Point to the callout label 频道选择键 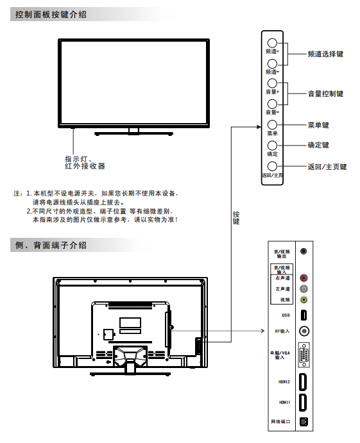point(325,54)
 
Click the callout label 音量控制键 point(325,94)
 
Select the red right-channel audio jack point(304,278)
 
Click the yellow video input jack point(304,299)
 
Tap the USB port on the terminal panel point(304,315)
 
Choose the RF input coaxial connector point(304,331)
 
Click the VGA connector point(304,355)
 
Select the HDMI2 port point(303,382)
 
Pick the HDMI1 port point(303,403)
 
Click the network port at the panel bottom point(304,422)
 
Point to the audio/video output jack point(304,251)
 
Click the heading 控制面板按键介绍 point(51,14)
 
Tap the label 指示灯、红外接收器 point(85,162)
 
